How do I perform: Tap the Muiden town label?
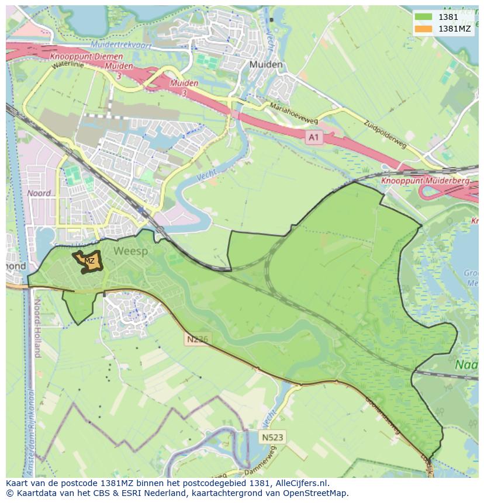coord(265,64)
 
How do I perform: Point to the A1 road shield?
coord(314,136)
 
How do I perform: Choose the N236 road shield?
coord(197,339)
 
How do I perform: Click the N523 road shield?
coord(272,436)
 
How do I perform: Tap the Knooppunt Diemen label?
coord(87,57)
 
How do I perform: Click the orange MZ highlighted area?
coord(89,261)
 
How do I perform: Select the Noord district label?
coord(39,193)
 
